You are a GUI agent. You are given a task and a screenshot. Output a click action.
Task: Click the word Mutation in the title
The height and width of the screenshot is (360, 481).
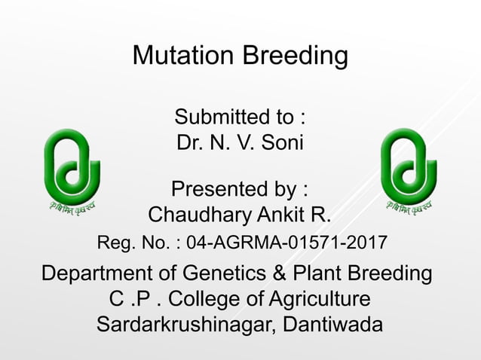point(183,56)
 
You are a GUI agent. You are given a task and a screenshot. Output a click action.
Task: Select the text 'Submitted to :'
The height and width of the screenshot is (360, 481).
point(240,117)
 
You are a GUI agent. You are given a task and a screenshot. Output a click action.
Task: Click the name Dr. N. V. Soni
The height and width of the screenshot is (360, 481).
point(240,142)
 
